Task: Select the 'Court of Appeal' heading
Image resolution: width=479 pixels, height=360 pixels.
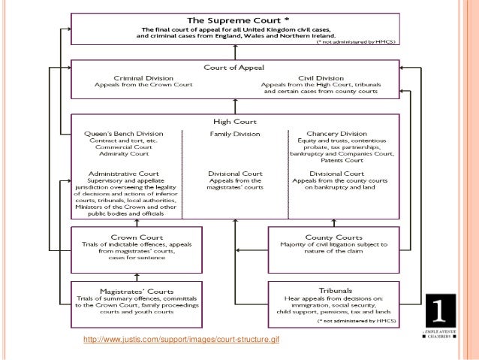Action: pos(234,67)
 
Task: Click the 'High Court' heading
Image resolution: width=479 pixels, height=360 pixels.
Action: pos(235,121)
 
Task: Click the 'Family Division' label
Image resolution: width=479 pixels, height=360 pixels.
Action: pos(235,133)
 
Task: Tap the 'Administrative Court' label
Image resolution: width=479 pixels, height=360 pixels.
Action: pos(119,173)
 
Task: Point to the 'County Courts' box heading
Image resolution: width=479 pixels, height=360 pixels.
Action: pos(332,235)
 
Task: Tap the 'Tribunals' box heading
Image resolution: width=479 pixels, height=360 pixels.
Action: pos(332,290)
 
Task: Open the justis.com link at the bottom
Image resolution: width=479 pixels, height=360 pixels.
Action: pos(182,341)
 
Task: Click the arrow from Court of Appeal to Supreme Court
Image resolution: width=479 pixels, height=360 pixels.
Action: pos(235,53)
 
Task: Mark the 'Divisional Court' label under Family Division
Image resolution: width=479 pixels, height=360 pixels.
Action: pos(235,173)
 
